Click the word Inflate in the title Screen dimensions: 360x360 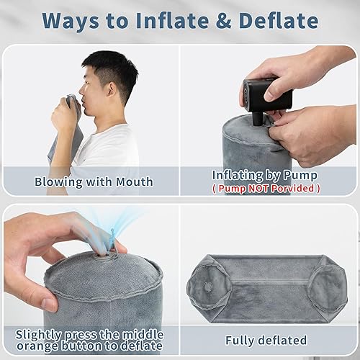[172, 21]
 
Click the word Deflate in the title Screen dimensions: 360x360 [279, 21]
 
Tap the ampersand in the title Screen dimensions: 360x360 [224, 21]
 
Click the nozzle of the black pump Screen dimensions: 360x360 [258, 119]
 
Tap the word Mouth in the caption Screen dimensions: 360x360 [135, 181]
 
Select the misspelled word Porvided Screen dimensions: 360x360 [293, 188]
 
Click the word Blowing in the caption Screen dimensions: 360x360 [58, 182]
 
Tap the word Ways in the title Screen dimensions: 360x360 [71, 21]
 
